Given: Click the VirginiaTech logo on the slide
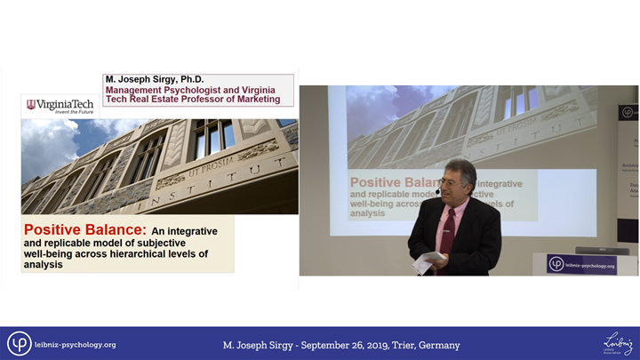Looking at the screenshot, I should [x=60, y=105].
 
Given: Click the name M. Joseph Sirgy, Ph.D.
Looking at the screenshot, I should [x=155, y=79].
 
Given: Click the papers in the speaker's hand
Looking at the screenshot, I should [x=431, y=259].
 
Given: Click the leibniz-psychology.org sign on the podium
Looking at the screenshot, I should [x=582, y=264].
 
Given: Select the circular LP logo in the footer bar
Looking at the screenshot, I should [x=20, y=344].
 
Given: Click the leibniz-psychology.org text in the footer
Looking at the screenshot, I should [x=75, y=345].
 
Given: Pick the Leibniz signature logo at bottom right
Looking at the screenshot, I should [x=615, y=342].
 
